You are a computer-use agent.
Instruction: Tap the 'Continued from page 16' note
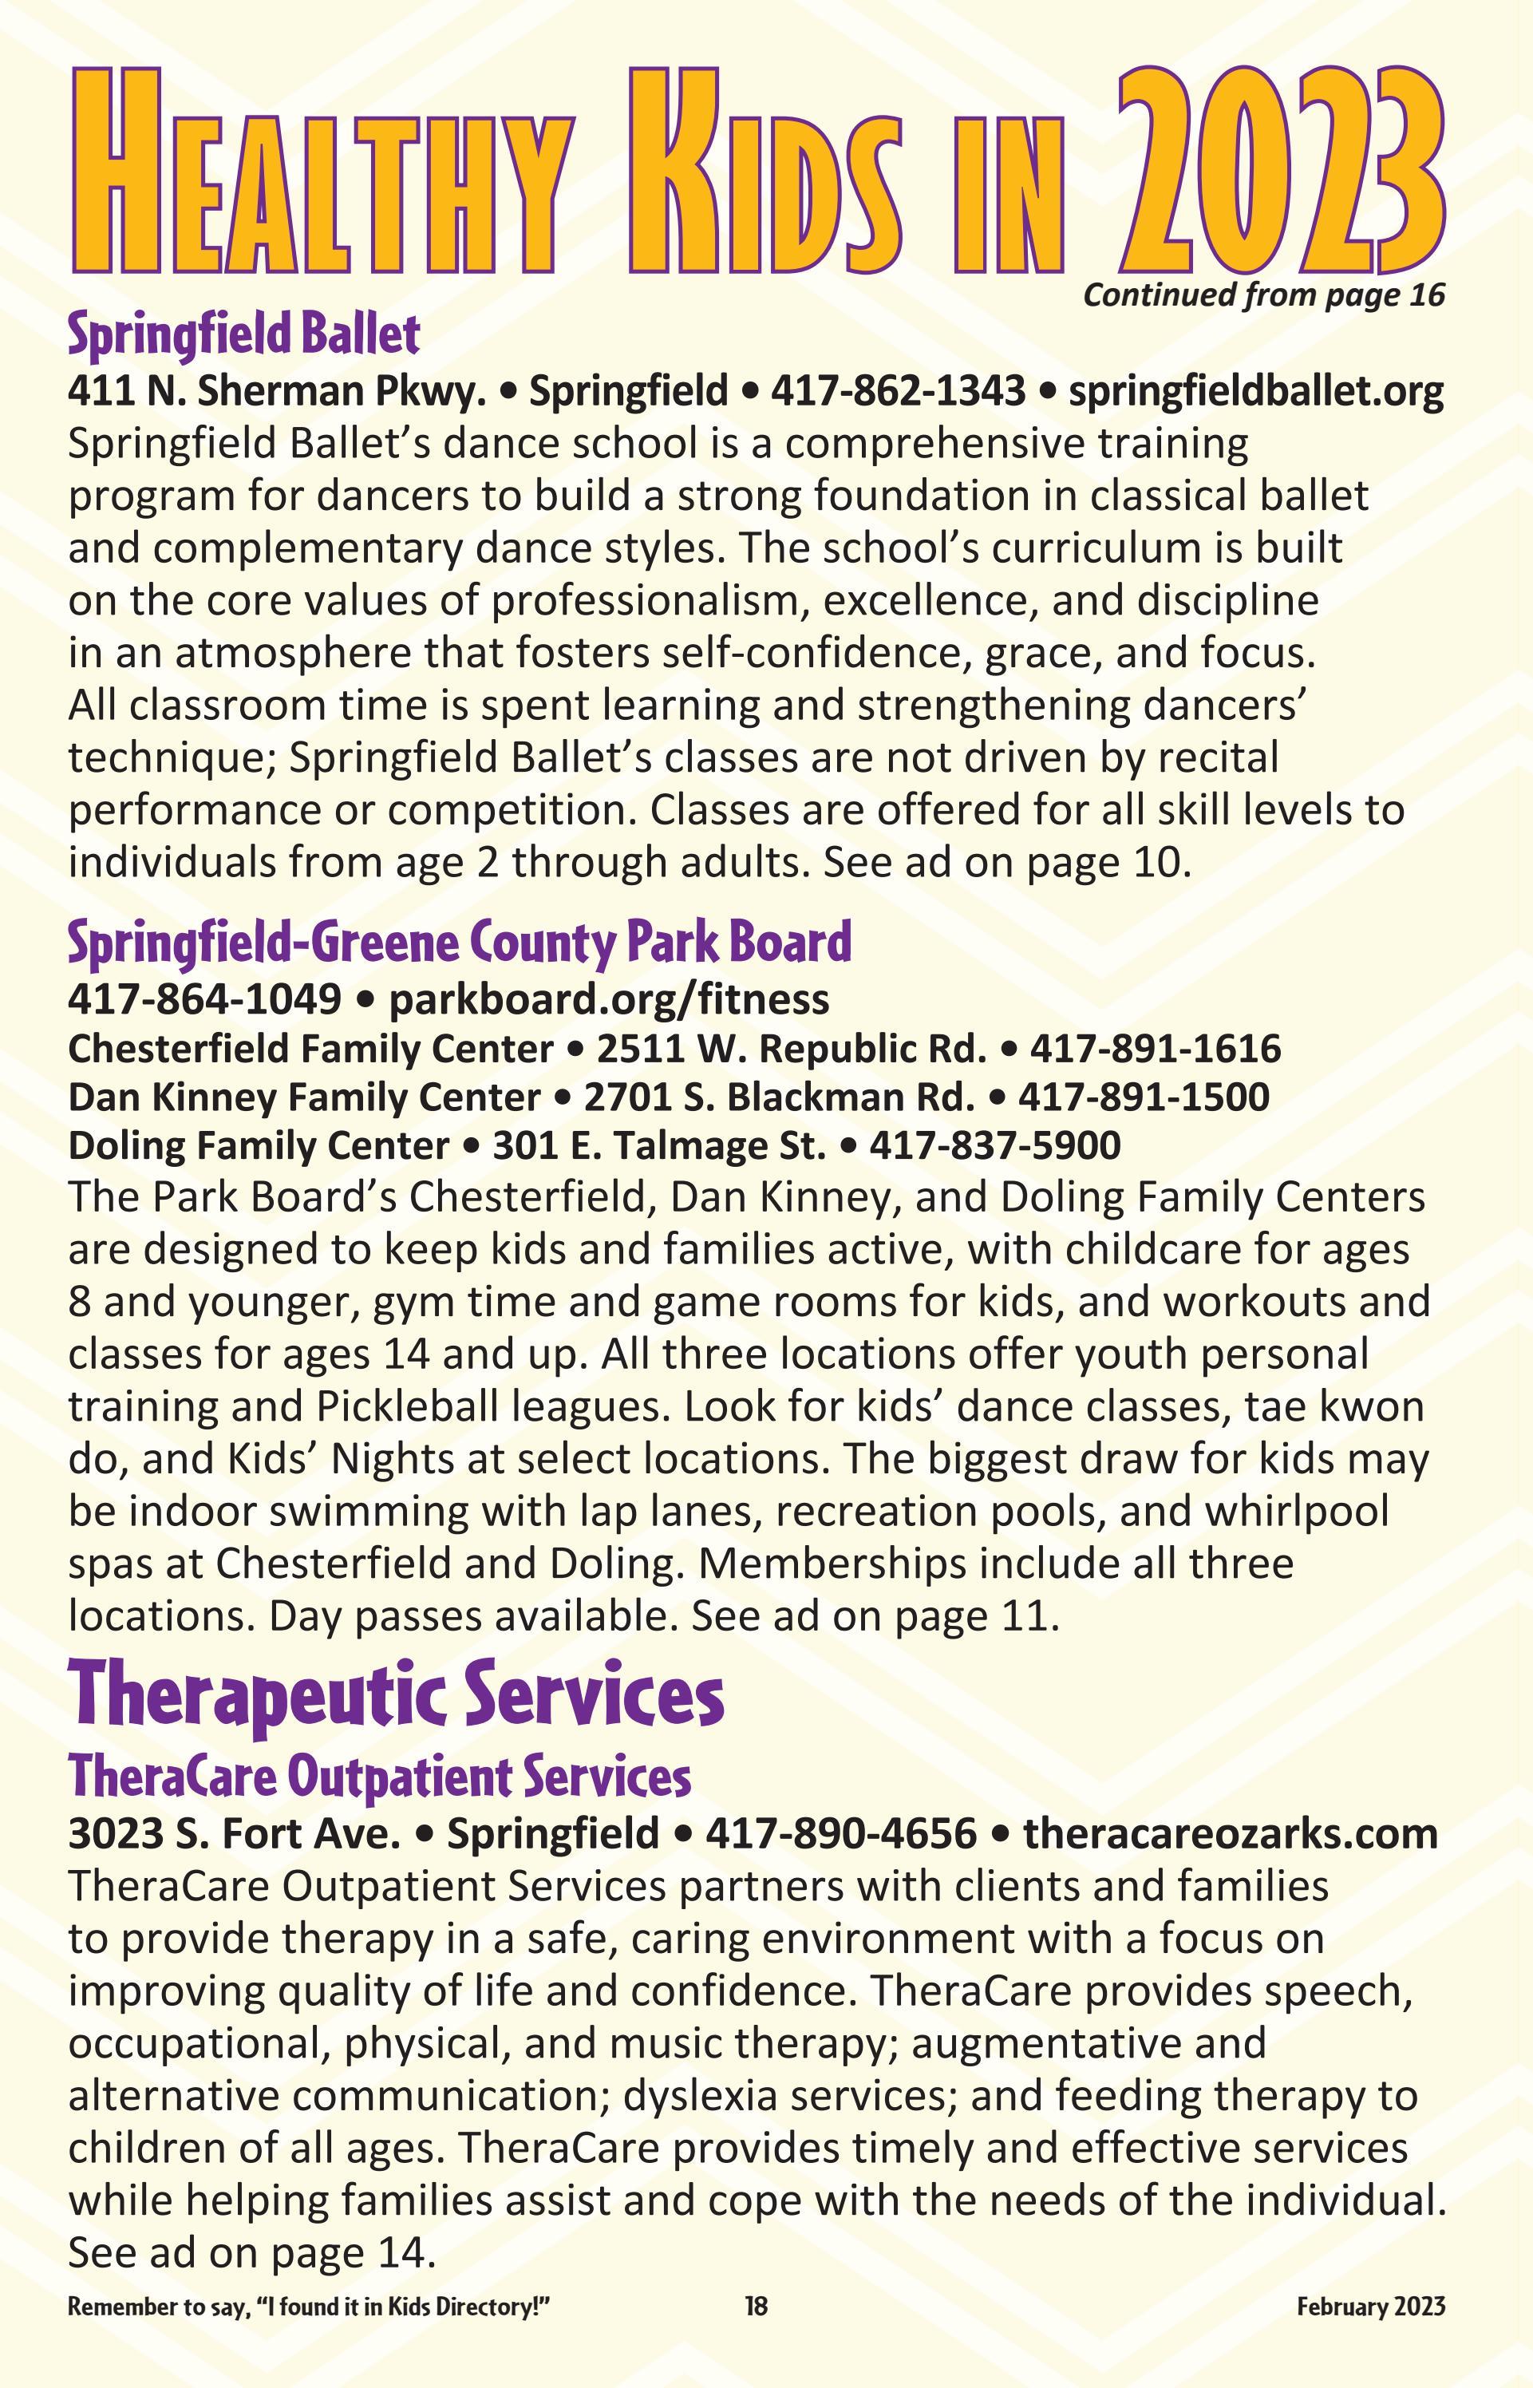click(1263, 295)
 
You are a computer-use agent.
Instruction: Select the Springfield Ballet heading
click(244, 335)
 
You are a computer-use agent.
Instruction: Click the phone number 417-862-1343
click(898, 391)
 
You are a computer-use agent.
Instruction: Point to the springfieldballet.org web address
click(1255, 391)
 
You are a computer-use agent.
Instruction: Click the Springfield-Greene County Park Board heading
click(459, 942)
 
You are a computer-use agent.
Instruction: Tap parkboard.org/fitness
click(608, 998)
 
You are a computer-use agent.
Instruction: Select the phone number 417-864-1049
click(205, 998)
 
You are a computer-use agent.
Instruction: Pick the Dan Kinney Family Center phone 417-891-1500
click(1143, 1097)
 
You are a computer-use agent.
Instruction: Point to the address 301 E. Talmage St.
click(659, 1146)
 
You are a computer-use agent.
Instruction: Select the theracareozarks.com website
click(1230, 1833)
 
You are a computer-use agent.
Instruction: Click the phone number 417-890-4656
click(841, 1833)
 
